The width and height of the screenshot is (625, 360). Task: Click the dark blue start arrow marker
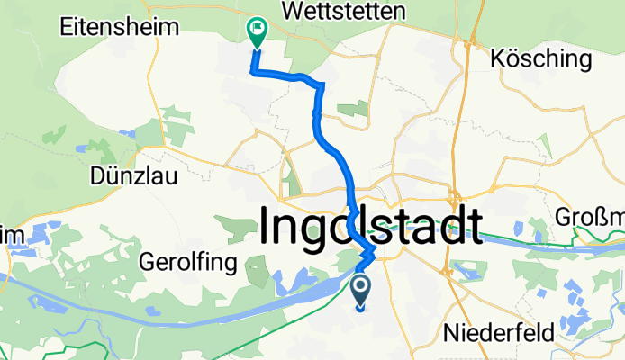tap(361, 291)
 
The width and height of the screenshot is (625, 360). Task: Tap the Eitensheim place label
tap(104, 28)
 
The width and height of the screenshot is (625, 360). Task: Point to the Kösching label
tap(543, 60)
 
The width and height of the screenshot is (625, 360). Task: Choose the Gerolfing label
tap(188, 263)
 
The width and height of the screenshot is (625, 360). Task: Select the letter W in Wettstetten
tap(291, 11)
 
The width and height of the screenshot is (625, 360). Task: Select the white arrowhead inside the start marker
tap(361, 288)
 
